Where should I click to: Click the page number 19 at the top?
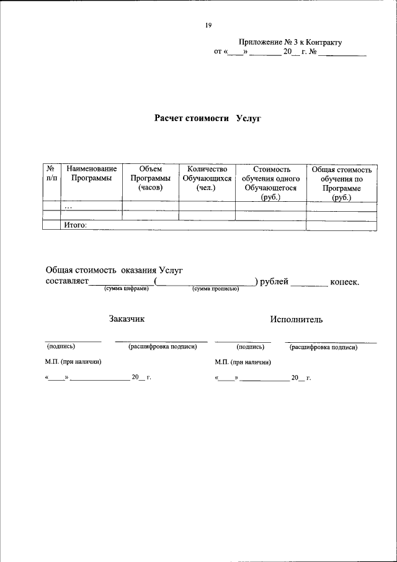point(208,25)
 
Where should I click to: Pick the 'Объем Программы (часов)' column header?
point(150,178)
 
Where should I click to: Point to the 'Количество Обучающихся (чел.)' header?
point(207,178)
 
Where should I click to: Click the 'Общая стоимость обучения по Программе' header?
point(341,183)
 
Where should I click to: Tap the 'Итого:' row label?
point(75,225)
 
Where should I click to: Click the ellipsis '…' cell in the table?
point(69,207)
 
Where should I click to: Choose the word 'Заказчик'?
point(127,319)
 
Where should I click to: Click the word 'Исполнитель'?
point(296,319)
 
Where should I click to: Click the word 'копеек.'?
point(345,281)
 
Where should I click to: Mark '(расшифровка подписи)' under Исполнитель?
point(323,347)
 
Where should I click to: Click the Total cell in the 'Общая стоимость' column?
point(341,225)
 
